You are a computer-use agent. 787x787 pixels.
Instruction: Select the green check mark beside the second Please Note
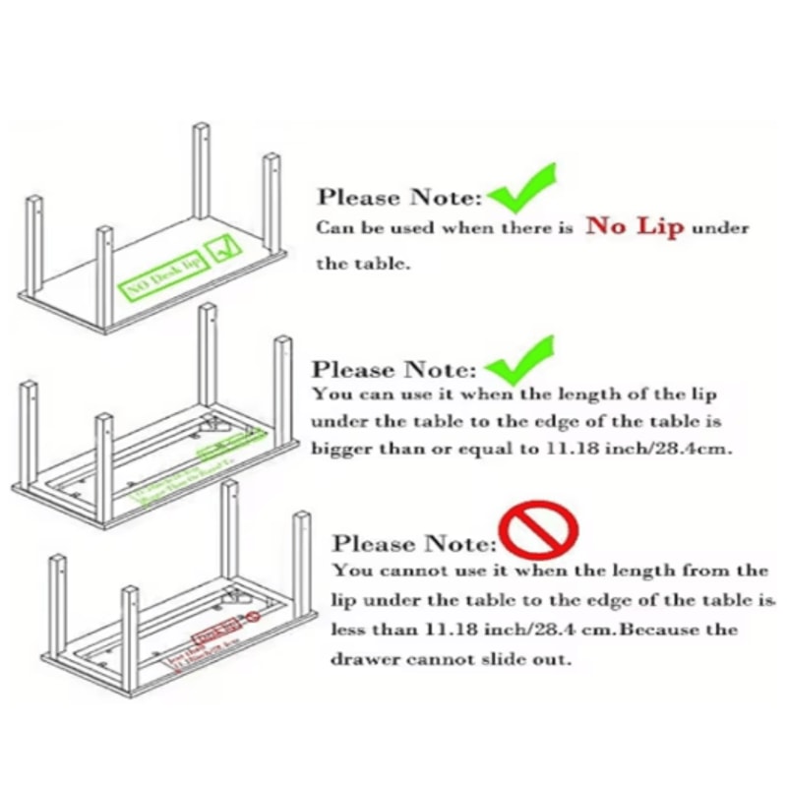(x=521, y=361)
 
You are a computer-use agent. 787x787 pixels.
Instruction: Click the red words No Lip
(x=635, y=227)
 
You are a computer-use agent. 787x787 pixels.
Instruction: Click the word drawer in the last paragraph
(x=364, y=659)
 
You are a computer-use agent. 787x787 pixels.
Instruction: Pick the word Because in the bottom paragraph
(x=658, y=630)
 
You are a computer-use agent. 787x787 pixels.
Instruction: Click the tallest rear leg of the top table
(x=201, y=172)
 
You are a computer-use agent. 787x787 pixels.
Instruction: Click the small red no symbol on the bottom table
(x=253, y=617)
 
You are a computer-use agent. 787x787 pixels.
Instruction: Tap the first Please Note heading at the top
(x=399, y=198)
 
